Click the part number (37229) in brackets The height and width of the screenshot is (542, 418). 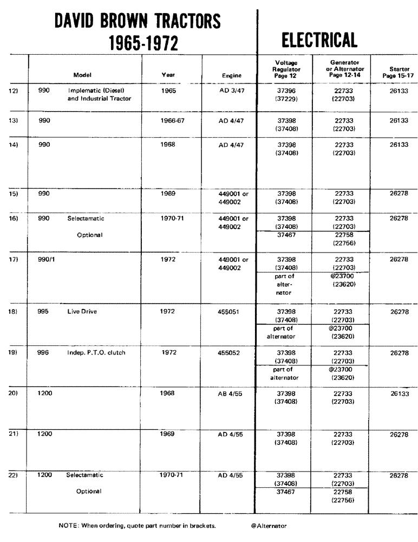pyautogui.click(x=285, y=99)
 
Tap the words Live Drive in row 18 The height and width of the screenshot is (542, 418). pyautogui.click(x=81, y=312)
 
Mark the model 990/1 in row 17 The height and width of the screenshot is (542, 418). pyautogui.click(x=47, y=259)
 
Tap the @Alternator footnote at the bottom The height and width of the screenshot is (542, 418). pyautogui.click(x=269, y=525)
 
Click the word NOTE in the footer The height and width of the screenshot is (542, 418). pyautogui.click(x=68, y=525)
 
